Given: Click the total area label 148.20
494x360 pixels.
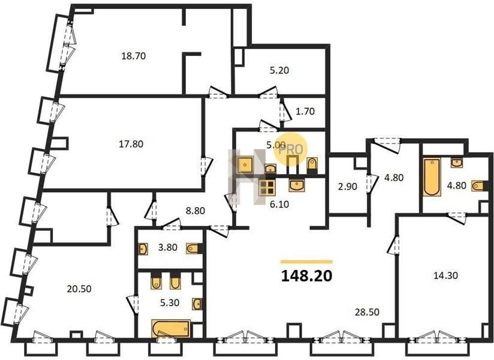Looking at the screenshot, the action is point(306,276).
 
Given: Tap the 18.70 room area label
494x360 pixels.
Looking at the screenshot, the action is point(134,56).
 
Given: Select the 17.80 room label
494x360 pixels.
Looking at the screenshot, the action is point(131,144).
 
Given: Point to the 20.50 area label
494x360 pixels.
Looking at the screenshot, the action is point(79,289).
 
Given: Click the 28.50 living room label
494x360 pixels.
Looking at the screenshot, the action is point(367,312).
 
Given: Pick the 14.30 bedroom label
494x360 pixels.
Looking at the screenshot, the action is point(446,275).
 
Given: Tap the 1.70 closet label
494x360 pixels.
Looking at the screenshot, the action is point(305,111).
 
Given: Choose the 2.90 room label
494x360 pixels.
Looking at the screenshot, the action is point(348,187).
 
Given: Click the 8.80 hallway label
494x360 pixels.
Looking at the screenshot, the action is point(195,210).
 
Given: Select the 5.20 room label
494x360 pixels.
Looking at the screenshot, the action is point(279,70).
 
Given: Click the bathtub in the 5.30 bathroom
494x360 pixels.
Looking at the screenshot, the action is point(171,329).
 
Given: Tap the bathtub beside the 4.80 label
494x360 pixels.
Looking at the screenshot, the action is point(431,178).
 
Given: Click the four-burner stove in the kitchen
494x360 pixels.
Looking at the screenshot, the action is point(266,188).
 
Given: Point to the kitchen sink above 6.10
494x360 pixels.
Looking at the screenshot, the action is point(297,185).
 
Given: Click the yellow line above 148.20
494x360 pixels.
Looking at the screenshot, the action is point(306,262).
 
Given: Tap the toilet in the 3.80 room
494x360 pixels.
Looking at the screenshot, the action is point(194,248).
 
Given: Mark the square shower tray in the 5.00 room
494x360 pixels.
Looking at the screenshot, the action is point(245,165).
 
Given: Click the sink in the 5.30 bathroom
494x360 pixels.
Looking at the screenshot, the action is point(197,304).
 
